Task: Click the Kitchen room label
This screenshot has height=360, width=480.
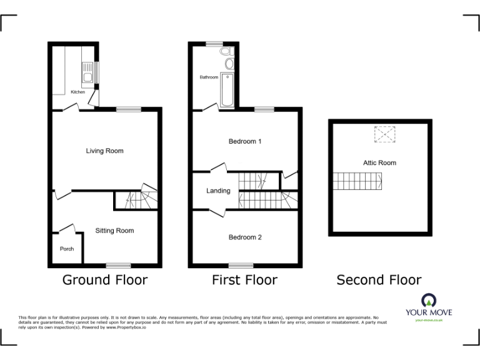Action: pos(77,92)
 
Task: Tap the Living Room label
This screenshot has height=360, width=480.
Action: pos(104,151)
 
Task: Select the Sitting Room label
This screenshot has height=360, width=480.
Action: pos(114,231)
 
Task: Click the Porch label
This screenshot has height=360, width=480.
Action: pos(66,249)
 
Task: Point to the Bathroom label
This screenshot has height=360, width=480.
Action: pos(209,77)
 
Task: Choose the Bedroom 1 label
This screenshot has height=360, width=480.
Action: pos(244,142)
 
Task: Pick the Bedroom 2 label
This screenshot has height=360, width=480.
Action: pos(244,237)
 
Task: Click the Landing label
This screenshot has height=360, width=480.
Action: pos(218,191)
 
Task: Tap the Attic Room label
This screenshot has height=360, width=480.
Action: pos(379,162)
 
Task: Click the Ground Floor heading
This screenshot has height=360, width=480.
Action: pos(104,280)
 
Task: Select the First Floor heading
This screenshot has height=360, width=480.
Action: pos(244,280)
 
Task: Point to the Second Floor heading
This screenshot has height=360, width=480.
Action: pos(379,280)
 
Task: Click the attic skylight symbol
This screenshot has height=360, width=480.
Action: pos(385,134)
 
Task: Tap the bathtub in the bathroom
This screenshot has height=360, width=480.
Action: pos(227,89)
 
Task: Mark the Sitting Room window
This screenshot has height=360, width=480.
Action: pos(117,266)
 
